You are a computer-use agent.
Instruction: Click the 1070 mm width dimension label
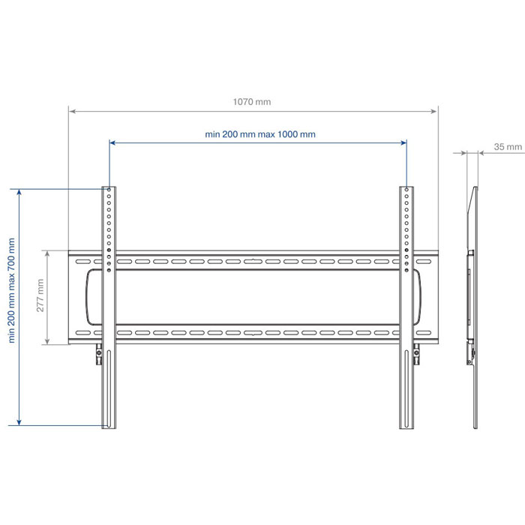pyautogui.click(x=252, y=102)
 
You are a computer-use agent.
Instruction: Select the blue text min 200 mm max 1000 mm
pyautogui.click(x=260, y=134)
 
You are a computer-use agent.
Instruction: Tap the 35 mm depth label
pyautogui.click(x=508, y=147)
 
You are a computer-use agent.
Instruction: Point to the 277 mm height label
pyautogui.click(x=40, y=295)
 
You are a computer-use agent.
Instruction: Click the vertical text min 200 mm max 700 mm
pyautogui.click(x=11, y=290)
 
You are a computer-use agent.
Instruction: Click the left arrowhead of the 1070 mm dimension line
pyautogui.click(x=72, y=111)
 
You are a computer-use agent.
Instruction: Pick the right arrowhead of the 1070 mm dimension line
pyautogui.click(x=434, y=111)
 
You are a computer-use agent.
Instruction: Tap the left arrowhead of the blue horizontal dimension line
pyautogui.click(x=112, y=143)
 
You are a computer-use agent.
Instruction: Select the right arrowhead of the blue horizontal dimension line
pyautogui.click(x=403, y=143)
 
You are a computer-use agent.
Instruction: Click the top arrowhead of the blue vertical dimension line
pyautogui.click(x=19, y=193)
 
